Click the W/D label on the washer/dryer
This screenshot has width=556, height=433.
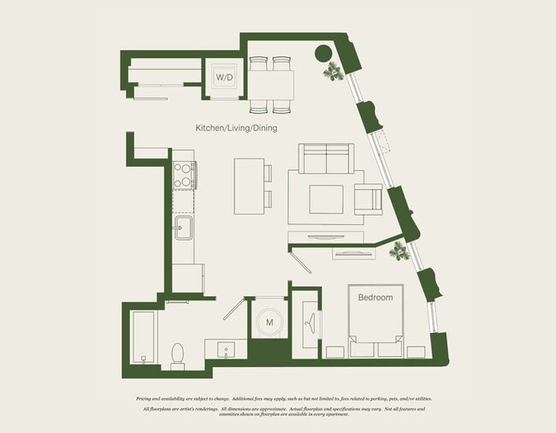[224, 77]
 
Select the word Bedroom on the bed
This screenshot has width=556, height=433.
[375, 298]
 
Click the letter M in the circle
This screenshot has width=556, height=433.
[269, 323]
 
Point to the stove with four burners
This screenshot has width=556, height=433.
[184, 175]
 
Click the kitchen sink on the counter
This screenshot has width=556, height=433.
[184, 228]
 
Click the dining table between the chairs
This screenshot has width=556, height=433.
[270, 85]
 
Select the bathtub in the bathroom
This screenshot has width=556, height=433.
[143, 339]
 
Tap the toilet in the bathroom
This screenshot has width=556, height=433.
[178, 353]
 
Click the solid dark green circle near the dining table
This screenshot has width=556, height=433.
[324, 54]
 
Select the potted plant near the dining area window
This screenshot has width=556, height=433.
[332, 74]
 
